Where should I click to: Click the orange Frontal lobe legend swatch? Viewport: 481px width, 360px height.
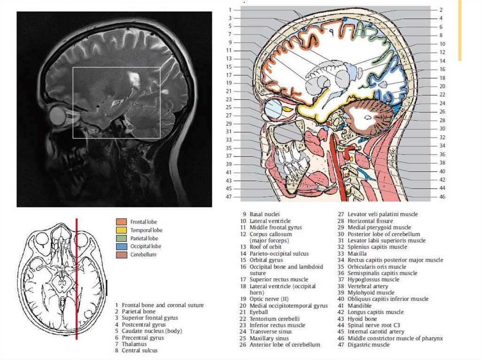point(121,222)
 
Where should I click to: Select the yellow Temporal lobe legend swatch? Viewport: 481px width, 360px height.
point(121,230)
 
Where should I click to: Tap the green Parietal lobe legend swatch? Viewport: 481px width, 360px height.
point(121,238)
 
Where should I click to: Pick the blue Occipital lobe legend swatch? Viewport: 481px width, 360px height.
point(121,246)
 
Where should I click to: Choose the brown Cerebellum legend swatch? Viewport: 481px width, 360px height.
point(121,254)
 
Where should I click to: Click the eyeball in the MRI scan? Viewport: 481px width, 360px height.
point(58,115)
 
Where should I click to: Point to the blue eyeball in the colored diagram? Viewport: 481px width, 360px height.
point(272,109)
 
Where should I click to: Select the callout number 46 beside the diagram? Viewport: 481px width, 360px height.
point(442,197)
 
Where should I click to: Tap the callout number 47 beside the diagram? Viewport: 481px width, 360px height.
point(229,197)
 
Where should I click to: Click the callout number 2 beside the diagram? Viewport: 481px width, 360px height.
point(442,10)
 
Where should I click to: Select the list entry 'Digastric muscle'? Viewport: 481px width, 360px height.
point(368,345)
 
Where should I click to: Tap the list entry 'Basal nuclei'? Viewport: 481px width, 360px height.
point(264,214)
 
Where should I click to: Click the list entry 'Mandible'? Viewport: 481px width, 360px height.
point(359,306)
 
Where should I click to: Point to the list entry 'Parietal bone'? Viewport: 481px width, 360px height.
point(138,311)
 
